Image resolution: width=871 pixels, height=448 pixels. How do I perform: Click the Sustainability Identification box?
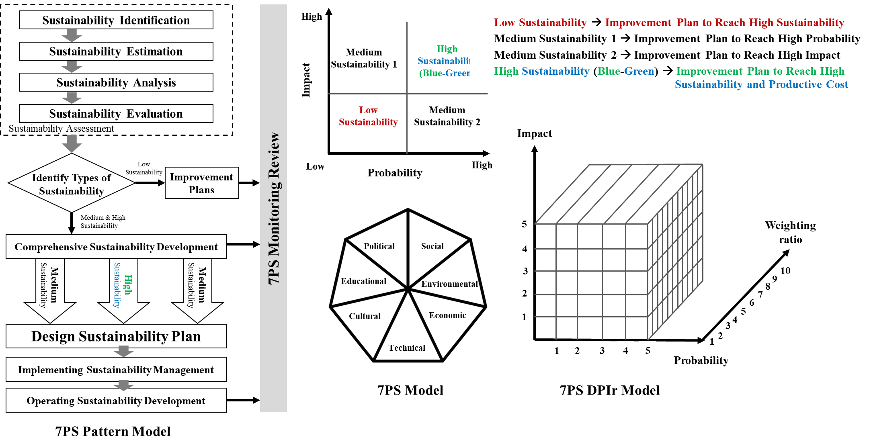click(116, 20)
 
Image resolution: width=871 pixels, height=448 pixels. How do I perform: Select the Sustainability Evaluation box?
click(116, 114)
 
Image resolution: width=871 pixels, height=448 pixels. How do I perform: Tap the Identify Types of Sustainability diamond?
click(72, 184)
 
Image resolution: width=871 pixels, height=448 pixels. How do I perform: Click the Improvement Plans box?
click(201, 183)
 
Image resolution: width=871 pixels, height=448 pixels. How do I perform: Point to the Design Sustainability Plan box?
click(116, 336)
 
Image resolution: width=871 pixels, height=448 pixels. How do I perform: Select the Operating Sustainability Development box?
click(116, 401)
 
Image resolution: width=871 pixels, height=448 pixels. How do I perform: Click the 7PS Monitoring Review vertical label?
click(274, 208)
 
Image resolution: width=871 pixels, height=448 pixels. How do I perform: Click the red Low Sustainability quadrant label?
click(368, 116)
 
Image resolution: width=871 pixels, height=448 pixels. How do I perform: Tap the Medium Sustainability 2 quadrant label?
click(447, 116)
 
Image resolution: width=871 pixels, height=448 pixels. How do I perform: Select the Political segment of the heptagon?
click(379, 246)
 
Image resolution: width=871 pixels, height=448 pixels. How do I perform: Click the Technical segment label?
click(407, 348)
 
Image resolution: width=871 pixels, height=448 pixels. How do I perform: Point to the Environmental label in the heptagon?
click(449, 284)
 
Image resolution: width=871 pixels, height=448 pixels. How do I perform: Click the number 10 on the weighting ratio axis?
click(785, 271)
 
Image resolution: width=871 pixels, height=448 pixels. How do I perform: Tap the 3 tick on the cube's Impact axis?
click(525, 271)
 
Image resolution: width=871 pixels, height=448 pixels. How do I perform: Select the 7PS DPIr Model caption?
click(609, 390)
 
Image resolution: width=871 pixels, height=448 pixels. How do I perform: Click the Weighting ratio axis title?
click(790, 232)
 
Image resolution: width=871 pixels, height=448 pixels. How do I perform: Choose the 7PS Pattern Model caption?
click(113, 431)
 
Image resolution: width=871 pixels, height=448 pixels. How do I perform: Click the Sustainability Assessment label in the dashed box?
click(61, 129)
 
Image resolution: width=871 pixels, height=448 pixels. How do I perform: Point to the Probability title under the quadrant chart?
click(395, 173)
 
